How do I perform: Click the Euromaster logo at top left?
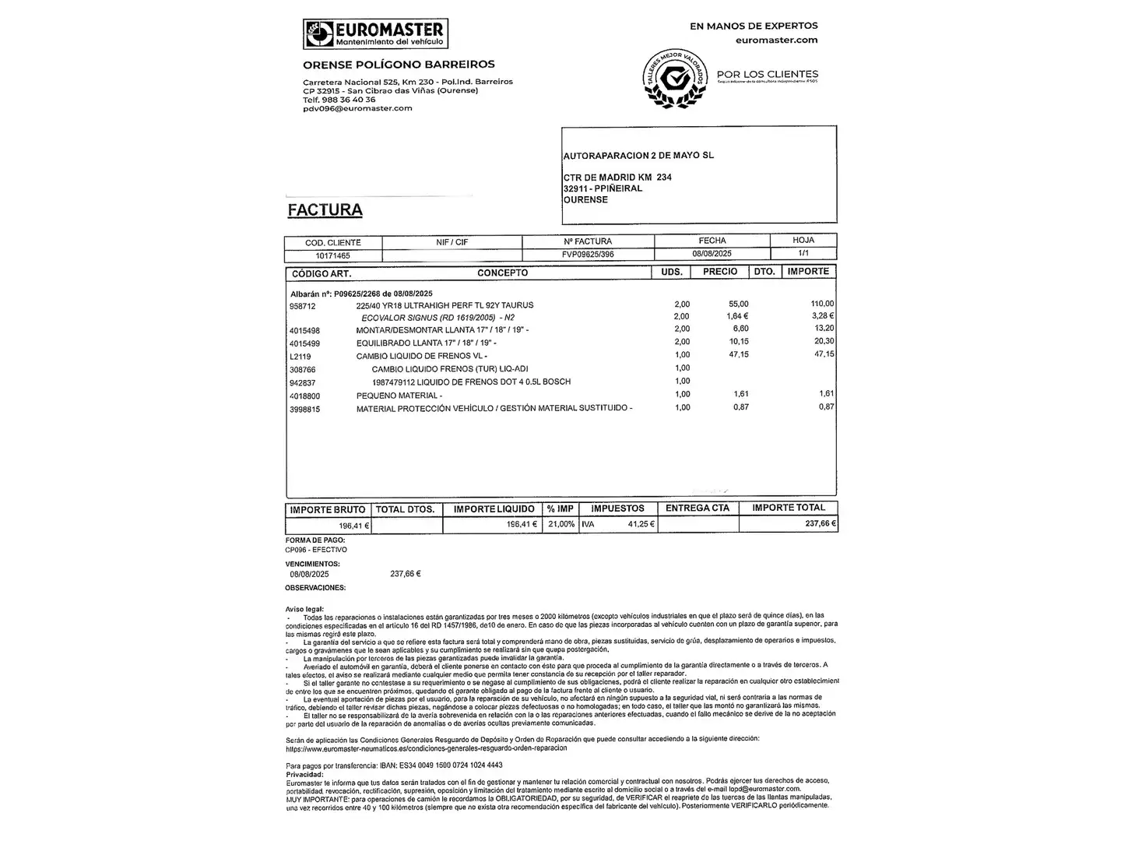point(375,34)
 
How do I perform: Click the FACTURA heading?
point(325,210)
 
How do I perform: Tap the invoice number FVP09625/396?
point(588,255)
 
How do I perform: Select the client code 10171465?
point(332,255)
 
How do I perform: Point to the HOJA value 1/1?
point(803,254)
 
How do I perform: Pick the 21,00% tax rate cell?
point(560,525)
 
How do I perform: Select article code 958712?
point(303,306)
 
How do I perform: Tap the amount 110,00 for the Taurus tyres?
point(821,304)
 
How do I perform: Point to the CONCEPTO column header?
point(502,273)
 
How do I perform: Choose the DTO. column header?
point(764,272)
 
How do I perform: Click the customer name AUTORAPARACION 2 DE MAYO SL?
point(638,156)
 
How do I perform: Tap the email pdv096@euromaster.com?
point(357,108)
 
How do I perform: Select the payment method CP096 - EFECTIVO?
point(316,550)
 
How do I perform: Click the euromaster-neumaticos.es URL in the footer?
point(427,748)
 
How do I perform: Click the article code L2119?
point(300,357)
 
